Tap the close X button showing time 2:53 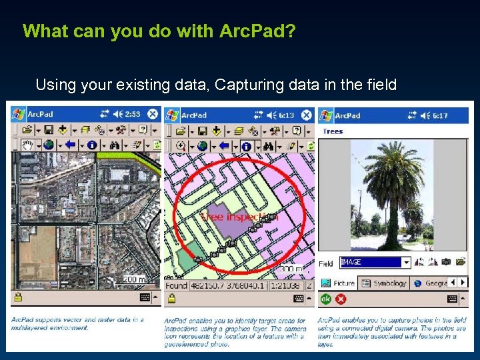click(x=153, y=114)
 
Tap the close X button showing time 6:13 click(x=306, y=115)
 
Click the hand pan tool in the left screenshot click(x=28, y=145)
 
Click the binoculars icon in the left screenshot click(x=114, y=145)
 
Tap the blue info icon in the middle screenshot click(x=246, y=145)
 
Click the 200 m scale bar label click(x=131, y=279)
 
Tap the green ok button click(x=325, y=299)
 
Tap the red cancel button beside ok click(x=341, y=299)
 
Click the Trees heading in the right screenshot click(x=333, y=131)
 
